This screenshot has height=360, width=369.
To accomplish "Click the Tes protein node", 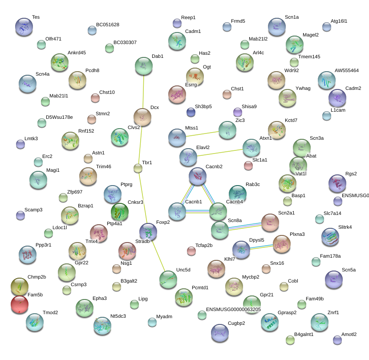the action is pyautogui.click(x=24, y=27).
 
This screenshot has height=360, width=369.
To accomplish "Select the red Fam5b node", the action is pyautogui.click(x=20, y=304).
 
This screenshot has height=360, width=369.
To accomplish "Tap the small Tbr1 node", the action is pyautogui.click(x=138, y=168).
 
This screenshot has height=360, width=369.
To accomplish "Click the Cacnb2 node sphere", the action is pyautogui.click(x=198, y=176).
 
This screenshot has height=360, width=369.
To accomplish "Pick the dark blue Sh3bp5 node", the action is pyautogui.click(x=191, y=112).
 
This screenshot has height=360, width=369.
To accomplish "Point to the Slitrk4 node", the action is pyautogui.click(x=330, y=237).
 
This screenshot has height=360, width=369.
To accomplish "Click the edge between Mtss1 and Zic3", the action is pyautogui.click(x=203, y=134).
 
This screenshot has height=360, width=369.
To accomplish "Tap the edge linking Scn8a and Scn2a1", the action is pyautogui.click(x=245, y=226).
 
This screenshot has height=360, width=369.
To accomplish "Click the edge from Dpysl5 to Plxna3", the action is pyautogui.click(x=261, y=247).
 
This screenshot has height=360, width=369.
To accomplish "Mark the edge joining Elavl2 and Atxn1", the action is pyautogui.click(x=220, y=153).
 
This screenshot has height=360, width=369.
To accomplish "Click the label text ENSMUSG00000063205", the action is pyautogui.click(x=233, y=309).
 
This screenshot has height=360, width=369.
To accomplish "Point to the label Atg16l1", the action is pyautogui.click(x=339, y=21).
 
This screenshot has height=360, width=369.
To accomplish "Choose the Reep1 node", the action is pyautogui.click(x=177, y=23).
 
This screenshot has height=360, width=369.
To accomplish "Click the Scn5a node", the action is pyautogui.click(x=334, y=279).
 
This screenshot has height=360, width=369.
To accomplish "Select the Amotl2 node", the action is pyautogui.click(x=337, y=340).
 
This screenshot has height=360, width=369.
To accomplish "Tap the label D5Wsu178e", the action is pyautogui.click(x=59, y=117).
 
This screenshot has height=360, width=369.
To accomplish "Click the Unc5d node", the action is pyautogui.click(x=168, y=279).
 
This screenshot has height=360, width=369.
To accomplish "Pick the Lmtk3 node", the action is pyautogui.click(x=20, y=144).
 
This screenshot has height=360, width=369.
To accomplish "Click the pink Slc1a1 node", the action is pyautogui.click(x=248, y=166).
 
